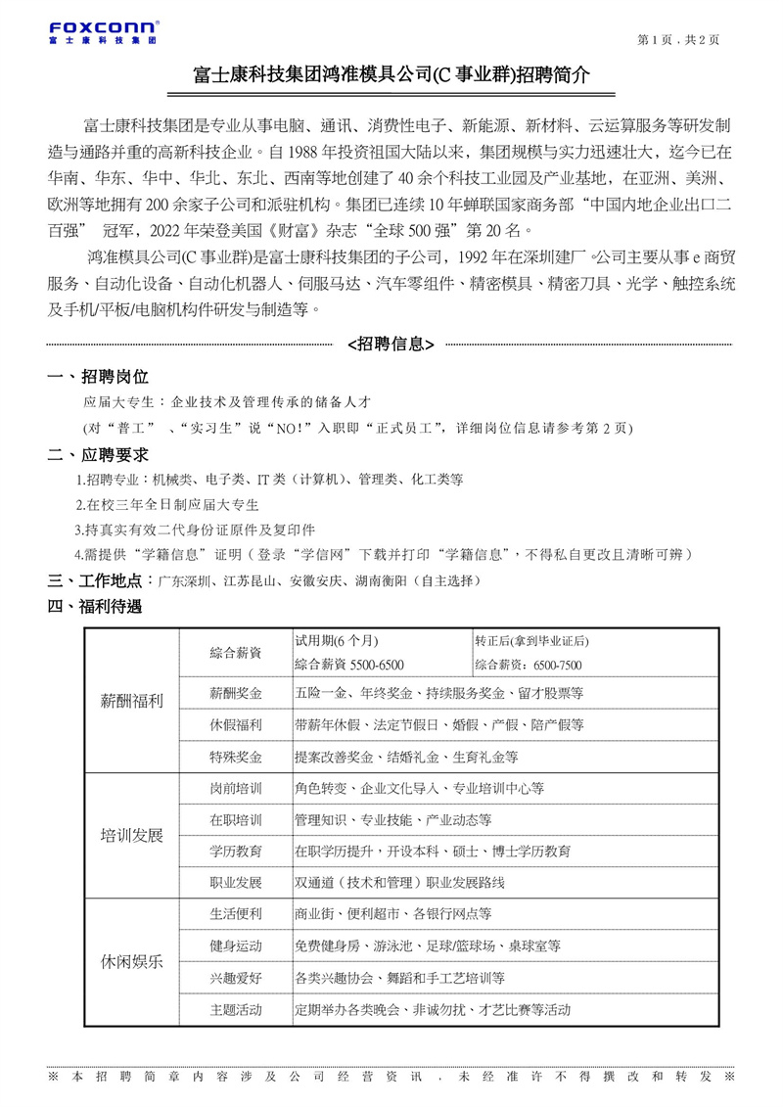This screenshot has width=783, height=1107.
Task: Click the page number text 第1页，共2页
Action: (x=677, y=40)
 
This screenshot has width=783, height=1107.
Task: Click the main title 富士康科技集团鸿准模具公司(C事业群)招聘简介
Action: (x=391, y=75)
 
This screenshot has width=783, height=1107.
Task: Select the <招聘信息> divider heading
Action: (x=391, y=344)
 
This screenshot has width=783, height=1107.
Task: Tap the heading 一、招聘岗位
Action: (x=99, y=377)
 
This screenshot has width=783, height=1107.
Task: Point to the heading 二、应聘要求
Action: (x=99, y=454)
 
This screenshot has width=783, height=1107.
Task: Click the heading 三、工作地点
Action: (x=99, y=581)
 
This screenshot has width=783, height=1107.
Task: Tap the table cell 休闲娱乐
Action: (x=132, y=961)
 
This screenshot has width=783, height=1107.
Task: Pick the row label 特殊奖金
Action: (x=236, y=757)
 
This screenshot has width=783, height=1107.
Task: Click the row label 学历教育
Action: (x=236, y=851)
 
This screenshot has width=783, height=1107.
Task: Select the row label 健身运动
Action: (x=236, y=946)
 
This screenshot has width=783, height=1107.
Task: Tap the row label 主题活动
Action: (x=236, y=1009)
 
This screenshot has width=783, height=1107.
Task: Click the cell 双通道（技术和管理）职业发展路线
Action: (x=399, y=883)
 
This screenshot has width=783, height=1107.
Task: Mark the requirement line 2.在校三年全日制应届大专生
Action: (x=167, y=505)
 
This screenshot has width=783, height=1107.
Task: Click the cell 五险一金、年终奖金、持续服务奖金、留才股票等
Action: (x=438, y=693)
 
